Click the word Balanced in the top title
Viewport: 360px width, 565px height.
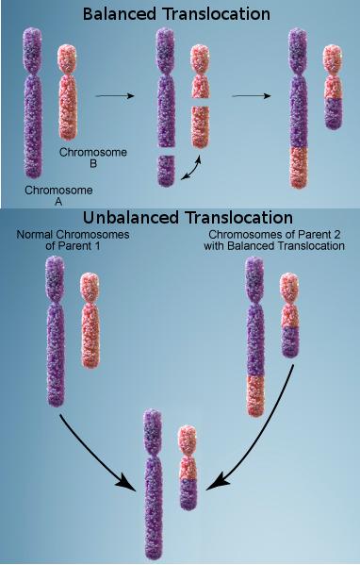(x=123, y=14)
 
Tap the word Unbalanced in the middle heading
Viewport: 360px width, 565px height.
(x=136, y=219)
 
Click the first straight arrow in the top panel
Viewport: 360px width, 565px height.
(x=114, y=95)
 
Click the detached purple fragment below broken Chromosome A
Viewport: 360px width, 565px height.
(x=166, y=171)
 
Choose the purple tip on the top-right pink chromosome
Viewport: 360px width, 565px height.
(x=334, y=112)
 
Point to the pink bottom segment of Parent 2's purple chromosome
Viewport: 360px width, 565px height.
(x=254, y=393)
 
